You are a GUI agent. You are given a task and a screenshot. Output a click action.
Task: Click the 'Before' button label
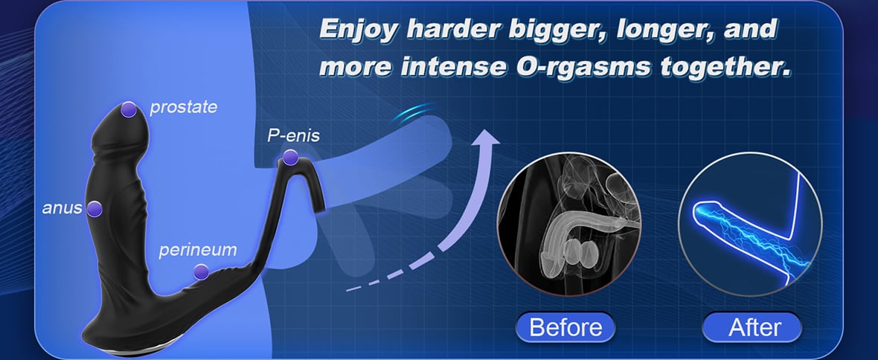click(565, 327)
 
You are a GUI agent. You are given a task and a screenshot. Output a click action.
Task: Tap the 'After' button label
click(754, 327)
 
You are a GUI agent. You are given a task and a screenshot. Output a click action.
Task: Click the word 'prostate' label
click(183, 106)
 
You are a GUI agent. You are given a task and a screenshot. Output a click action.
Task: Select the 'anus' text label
click(62, 208)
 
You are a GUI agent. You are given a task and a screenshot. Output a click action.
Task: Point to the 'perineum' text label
click(198, 250)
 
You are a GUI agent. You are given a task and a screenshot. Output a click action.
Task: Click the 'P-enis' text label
click(293, 136)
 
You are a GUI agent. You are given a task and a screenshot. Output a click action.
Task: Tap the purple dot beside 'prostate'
click(129, 109)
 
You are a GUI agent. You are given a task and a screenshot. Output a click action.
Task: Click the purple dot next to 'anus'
click(94, 209)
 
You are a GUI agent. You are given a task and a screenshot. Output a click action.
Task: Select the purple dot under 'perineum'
click(201, 272)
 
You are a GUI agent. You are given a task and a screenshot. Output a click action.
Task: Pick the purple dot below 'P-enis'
click(290, 158)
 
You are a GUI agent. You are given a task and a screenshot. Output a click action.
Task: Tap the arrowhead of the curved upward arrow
click(484, 140)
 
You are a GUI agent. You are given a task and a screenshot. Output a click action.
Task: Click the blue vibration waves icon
click(414, 114)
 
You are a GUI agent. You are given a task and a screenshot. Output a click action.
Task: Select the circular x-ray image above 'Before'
click(569, 223)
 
